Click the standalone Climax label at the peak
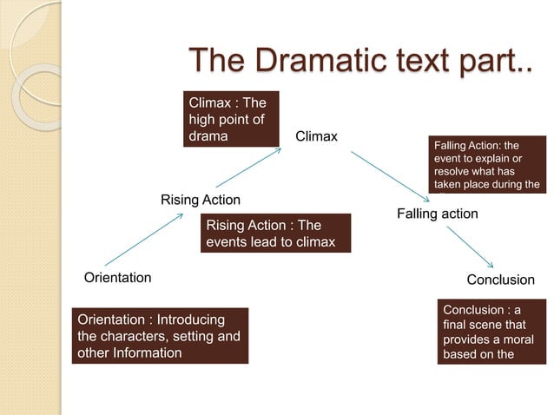[x=316, y=136]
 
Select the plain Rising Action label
[x=201, y=201]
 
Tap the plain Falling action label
[x=437, y=213]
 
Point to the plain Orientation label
[x=117, y=278]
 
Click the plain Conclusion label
[x=500, y=280]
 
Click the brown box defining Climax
[x=230, y=120]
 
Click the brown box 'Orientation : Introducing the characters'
[x=160, y=336]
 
